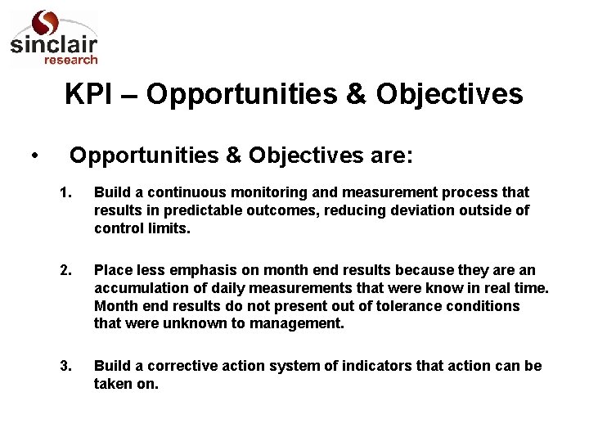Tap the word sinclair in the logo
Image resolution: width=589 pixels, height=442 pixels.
[x=53, y=47]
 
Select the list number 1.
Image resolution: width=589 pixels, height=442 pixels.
[x=66, y=192]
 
